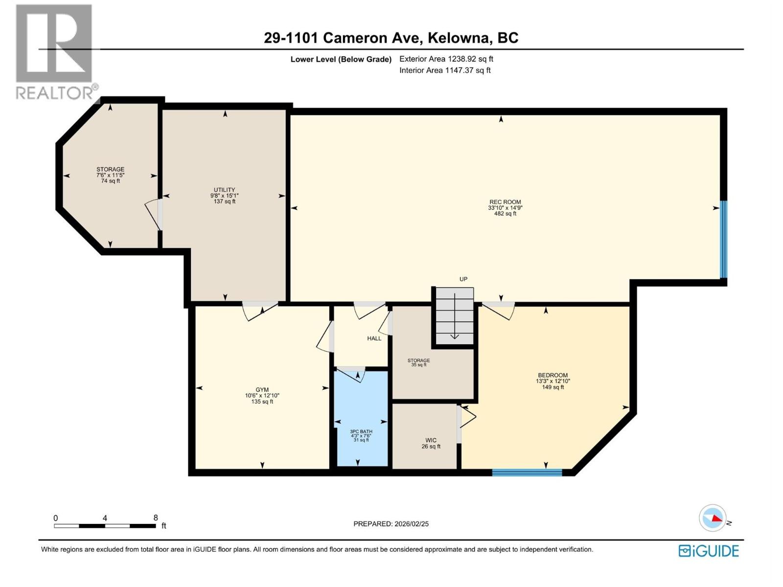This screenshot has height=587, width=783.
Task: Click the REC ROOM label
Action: [505, 202]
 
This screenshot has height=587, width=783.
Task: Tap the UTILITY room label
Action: [224, 190]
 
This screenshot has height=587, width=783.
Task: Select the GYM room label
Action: [262, 390]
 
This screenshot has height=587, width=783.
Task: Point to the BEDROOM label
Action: [553, 375]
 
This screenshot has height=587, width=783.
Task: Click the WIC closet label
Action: [431, 440]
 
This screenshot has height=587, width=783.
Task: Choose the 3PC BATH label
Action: [361, 431]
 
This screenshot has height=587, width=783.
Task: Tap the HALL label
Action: [374, 339]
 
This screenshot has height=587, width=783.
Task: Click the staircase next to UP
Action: [455, 316]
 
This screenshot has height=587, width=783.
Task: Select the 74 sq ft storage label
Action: [110, 170]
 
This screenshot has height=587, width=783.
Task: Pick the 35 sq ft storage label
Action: [418, 361]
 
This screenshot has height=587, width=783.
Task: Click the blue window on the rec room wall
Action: [723, 240]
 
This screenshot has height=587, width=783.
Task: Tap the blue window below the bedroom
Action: [527, 472]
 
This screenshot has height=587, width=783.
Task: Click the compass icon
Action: [713, 518]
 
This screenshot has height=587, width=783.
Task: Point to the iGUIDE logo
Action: [709, 551]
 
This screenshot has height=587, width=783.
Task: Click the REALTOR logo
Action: [54, 51]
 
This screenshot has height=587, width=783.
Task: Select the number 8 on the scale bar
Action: [156, 518]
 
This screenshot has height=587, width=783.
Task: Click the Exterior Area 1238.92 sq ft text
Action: [446, 59]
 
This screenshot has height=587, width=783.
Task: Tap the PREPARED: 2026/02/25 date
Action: [391, 523]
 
